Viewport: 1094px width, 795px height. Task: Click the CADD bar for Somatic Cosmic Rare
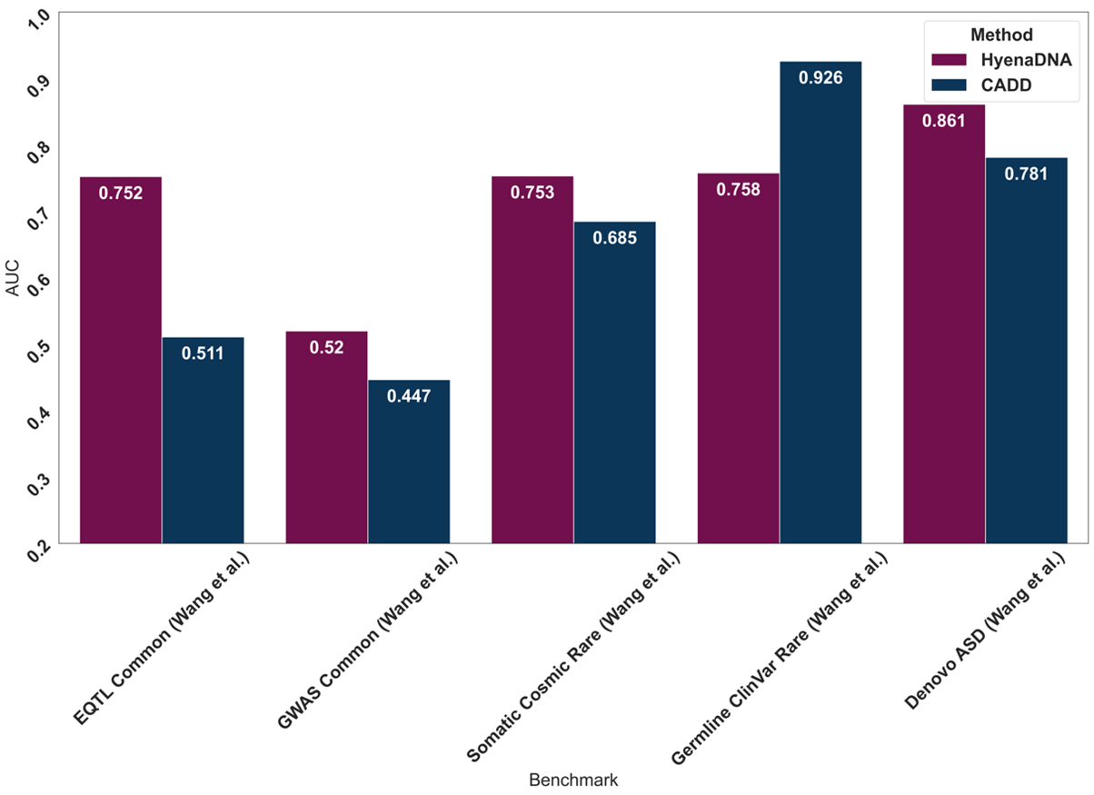click(614, 383)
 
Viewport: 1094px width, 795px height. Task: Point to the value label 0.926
click(820, 78)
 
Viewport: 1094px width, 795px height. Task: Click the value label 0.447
click(409, 396)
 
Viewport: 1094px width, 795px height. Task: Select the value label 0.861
click(944, 121)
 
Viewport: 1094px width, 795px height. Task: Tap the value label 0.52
click(326, 347)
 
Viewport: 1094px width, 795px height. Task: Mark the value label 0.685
click(614, 238)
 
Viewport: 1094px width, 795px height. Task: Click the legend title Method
click(1001, 35)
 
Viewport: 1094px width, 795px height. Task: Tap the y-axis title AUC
click(12, 278)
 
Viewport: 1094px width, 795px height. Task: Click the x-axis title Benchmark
click(573, 780)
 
